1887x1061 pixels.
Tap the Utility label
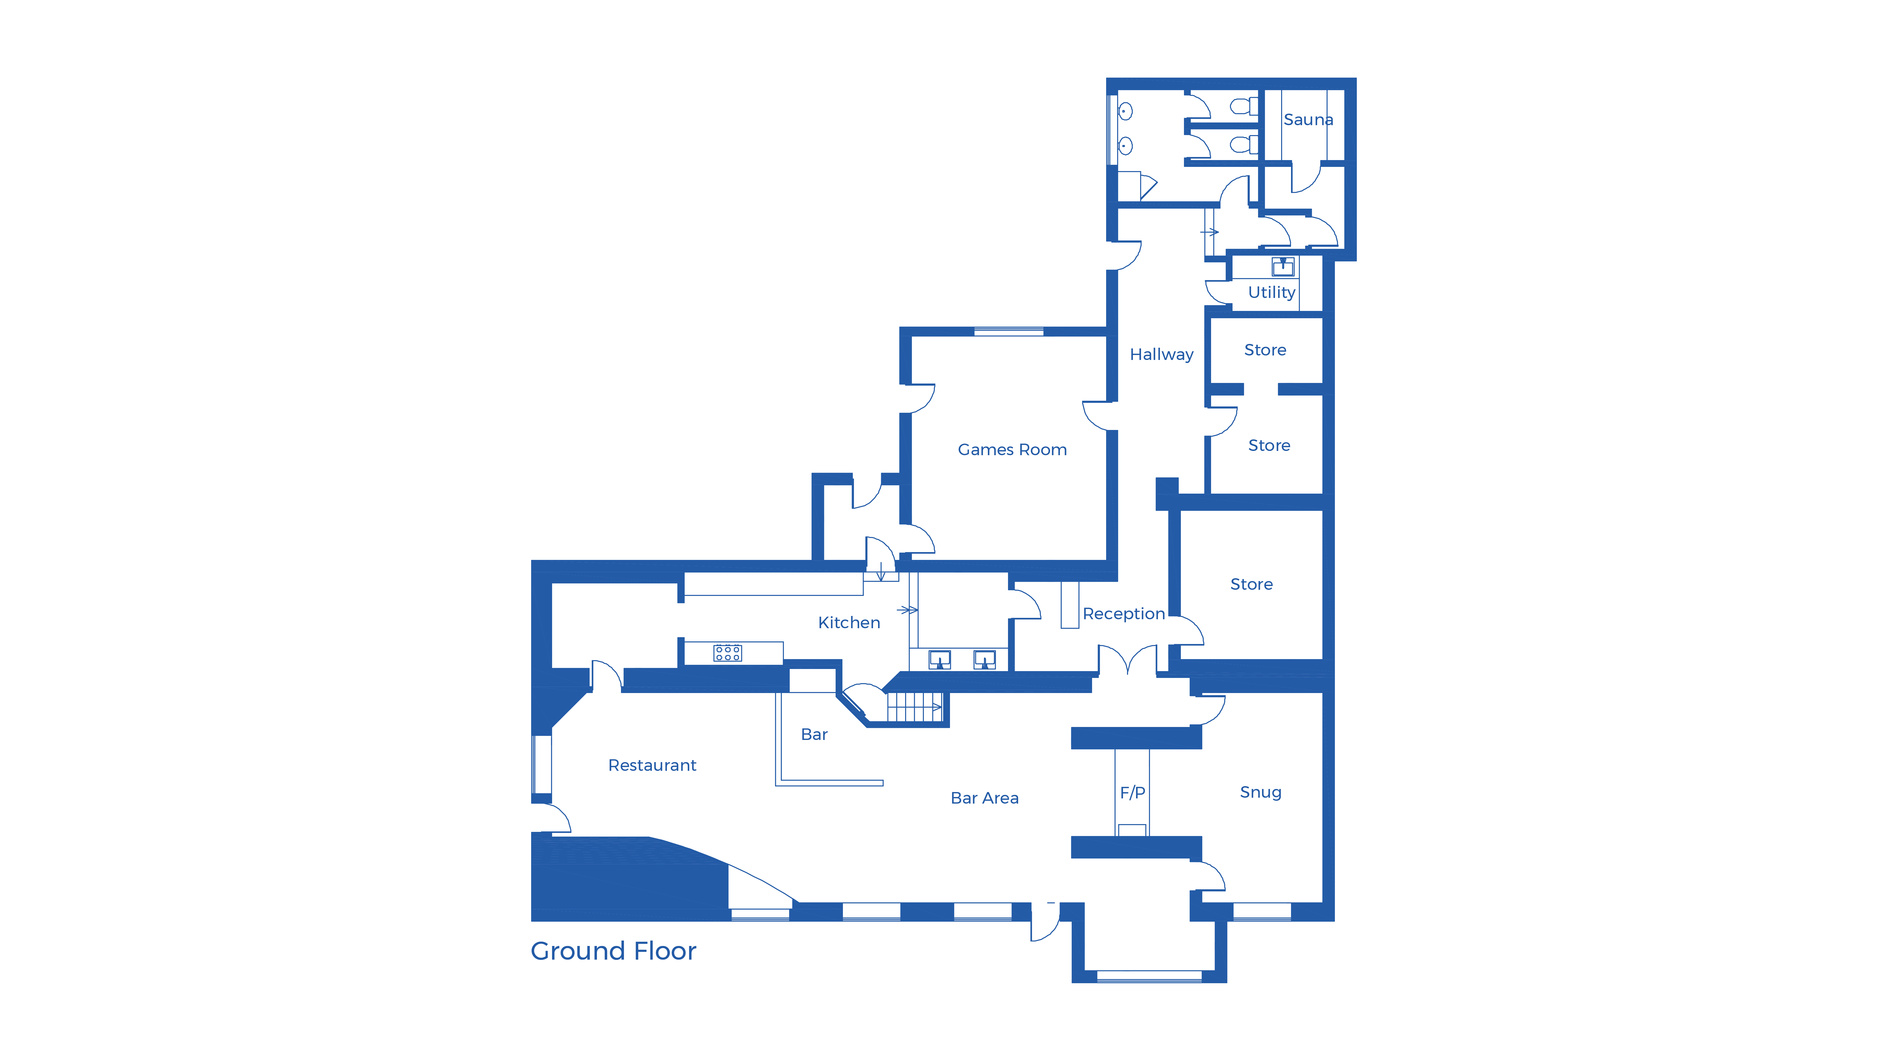1272,292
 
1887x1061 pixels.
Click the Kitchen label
849,622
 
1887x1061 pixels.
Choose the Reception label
1124,614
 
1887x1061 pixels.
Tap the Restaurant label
652,765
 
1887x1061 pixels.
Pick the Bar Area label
984,798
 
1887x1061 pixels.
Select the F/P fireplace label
1133,792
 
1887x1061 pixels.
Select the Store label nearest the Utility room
1265,350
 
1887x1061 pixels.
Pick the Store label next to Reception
1251,584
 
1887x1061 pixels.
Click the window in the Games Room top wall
1009,332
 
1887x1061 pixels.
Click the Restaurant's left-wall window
542,764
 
